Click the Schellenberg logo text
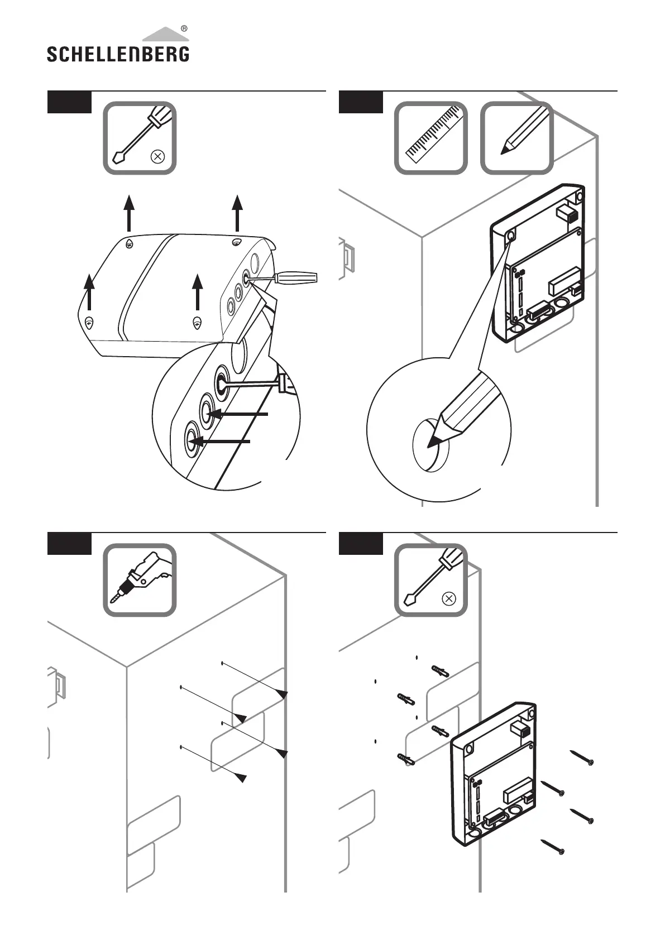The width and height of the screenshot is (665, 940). click(x=118, y=54)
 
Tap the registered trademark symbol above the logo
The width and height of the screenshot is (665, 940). click(x=184, y=28)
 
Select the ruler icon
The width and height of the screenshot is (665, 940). click(x=431, y=137)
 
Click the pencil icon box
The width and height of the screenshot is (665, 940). click(x=516, y=137)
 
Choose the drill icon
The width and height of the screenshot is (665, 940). click(x=140, y=580)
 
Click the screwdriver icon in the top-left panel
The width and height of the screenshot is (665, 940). click(x=140, y=137)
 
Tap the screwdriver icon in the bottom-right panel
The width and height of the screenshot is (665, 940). click(x=431, y=580)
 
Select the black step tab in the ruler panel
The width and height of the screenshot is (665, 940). click(x=361, y=102)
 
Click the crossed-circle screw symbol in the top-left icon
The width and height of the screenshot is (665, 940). click(x=157, y=157)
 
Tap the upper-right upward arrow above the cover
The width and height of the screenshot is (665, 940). click(x=237, y=213)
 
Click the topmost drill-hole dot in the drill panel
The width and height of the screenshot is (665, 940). click(x=222, y=663)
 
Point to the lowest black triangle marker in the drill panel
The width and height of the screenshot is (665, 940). click(x=241, y=778)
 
